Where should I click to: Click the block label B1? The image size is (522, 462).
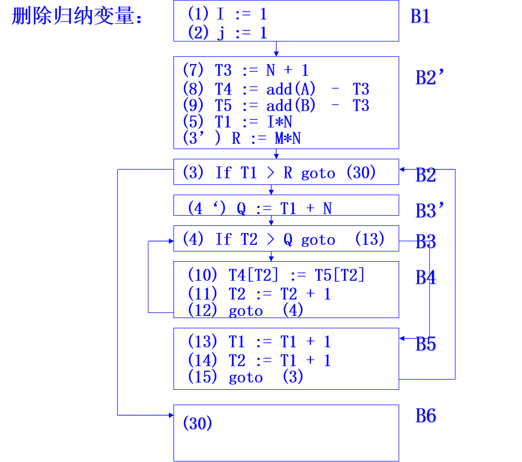tap(421, 16)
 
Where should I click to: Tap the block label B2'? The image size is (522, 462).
tap(430, 78)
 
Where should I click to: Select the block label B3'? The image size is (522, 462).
tap(430, 211)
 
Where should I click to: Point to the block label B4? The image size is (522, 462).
tap(426, 278)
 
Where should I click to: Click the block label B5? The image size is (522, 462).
tap(426, 344)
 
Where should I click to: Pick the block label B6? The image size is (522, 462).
tap(426, 416)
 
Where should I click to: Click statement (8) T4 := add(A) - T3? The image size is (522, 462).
tap(276, 89)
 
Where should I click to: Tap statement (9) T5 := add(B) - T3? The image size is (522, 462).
tap(276, 106)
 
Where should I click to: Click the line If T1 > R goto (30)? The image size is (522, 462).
tap(279, 173)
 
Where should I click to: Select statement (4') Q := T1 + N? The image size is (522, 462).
tap(259, 208)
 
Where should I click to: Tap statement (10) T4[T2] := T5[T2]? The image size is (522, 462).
tap(276, 275)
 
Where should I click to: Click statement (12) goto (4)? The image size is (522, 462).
tap(246, 310)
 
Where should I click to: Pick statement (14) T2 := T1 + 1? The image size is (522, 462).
tap(259, 361)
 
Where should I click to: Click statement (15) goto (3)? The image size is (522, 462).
tap(246, 377)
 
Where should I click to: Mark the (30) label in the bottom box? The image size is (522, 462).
tap(198, 424)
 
